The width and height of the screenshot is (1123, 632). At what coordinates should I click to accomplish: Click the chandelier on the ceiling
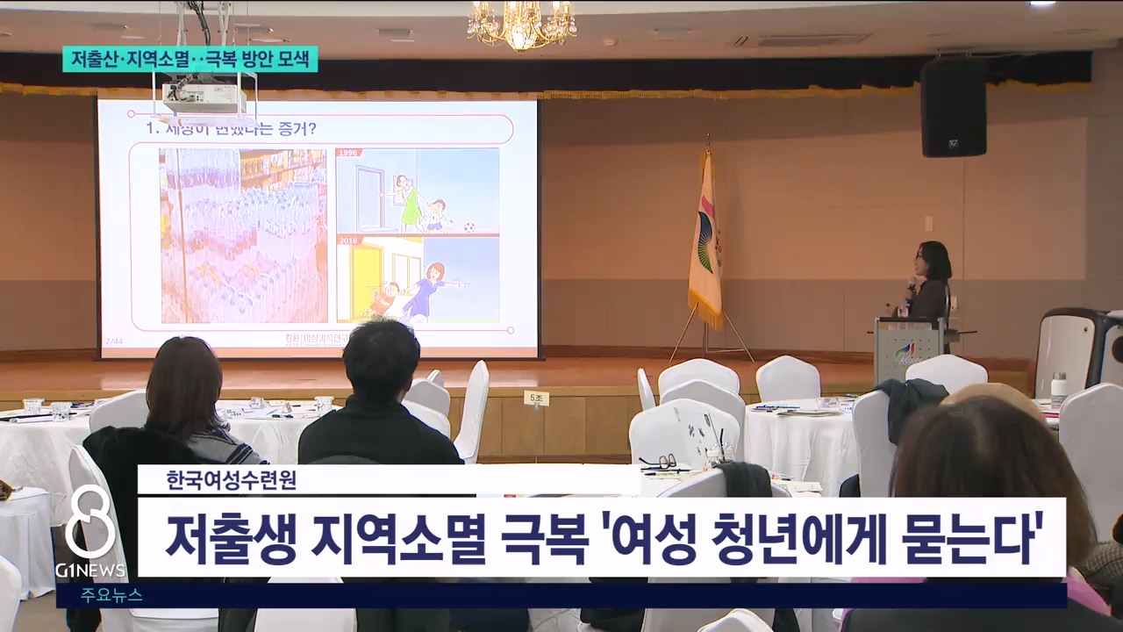coord(521,25)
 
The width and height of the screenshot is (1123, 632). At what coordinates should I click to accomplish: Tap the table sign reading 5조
coord(537,399)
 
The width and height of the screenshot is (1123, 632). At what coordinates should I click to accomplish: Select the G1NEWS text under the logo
coord(90,571)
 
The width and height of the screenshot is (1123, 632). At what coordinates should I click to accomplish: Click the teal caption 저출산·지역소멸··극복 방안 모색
coord(190,59)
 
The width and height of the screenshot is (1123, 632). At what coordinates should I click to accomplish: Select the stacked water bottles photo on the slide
coord(243,235)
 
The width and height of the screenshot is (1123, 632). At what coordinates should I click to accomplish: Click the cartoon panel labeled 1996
coord(418,190)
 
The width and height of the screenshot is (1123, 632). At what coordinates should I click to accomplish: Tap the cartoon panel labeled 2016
coord(418,279)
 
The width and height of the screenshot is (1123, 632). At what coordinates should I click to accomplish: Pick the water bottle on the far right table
coord(1058,391)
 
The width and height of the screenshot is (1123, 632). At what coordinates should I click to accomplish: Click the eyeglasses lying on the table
coord(658,461)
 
